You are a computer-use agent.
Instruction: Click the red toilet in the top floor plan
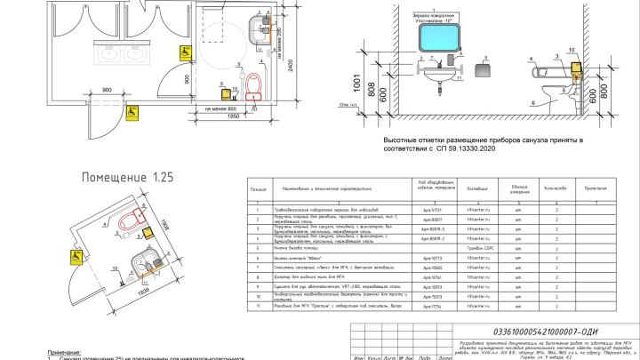[254, 84]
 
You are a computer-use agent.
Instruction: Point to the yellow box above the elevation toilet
[575, 66]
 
